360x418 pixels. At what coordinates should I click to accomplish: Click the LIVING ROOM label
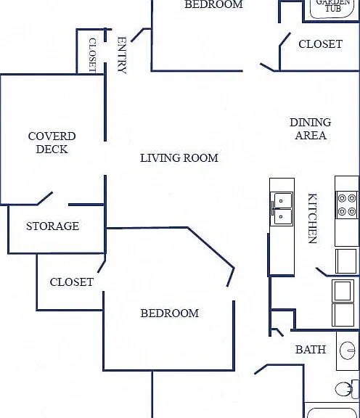tap(179, 158)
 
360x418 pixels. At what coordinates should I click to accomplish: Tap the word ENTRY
tap(122, 55)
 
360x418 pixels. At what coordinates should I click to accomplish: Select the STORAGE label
tap(52, 226)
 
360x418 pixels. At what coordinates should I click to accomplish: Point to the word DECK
tap(52, 149)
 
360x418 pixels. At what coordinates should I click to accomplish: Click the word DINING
tap(311, 123)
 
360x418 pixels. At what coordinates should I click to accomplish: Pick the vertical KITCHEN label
tap(313, 218)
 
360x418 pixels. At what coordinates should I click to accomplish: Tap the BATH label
tap(311, 349)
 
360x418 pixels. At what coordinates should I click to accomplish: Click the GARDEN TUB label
tap(333, 5)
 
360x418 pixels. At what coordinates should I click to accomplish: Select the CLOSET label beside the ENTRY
tap(92, 55)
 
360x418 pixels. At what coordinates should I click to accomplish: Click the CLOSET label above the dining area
tap(320, 44)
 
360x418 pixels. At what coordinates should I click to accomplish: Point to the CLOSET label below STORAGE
tap(72, 282)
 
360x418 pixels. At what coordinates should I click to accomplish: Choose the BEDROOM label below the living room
tap(170, 313)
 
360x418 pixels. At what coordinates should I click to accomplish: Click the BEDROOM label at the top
tap(214, 4)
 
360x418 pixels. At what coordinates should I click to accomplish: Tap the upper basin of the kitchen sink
tap(283, 199)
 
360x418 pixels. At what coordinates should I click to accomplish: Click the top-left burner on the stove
tap(342, 198)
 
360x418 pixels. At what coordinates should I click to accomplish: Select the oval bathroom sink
tap(348, 351)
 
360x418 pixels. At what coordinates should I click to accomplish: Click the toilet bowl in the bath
tap(343, 389)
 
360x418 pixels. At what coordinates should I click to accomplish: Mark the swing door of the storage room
tap(44, 198)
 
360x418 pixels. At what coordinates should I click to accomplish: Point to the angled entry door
tap(138, 35)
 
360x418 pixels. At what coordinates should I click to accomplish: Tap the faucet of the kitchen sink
tap(273, 208)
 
